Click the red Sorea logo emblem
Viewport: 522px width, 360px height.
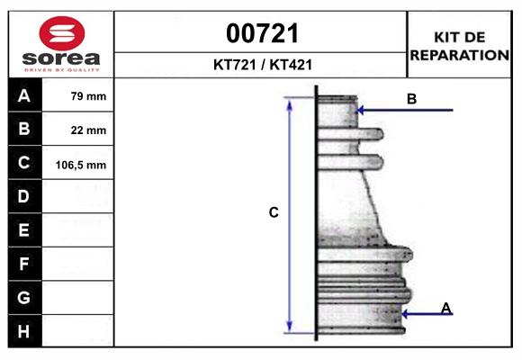[62, 33]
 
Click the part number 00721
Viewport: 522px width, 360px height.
[262, 33]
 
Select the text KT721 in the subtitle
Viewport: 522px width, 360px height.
[235, 65]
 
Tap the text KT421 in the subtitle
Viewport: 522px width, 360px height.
[291, 65]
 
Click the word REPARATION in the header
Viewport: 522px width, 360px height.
[459, 55]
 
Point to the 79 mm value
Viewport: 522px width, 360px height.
[88, 96]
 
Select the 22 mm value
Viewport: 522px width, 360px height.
[88, 130]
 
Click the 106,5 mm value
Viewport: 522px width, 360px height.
[81, 165]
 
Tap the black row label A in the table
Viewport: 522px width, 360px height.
[24, 95]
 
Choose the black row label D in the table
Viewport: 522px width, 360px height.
[24, 196]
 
